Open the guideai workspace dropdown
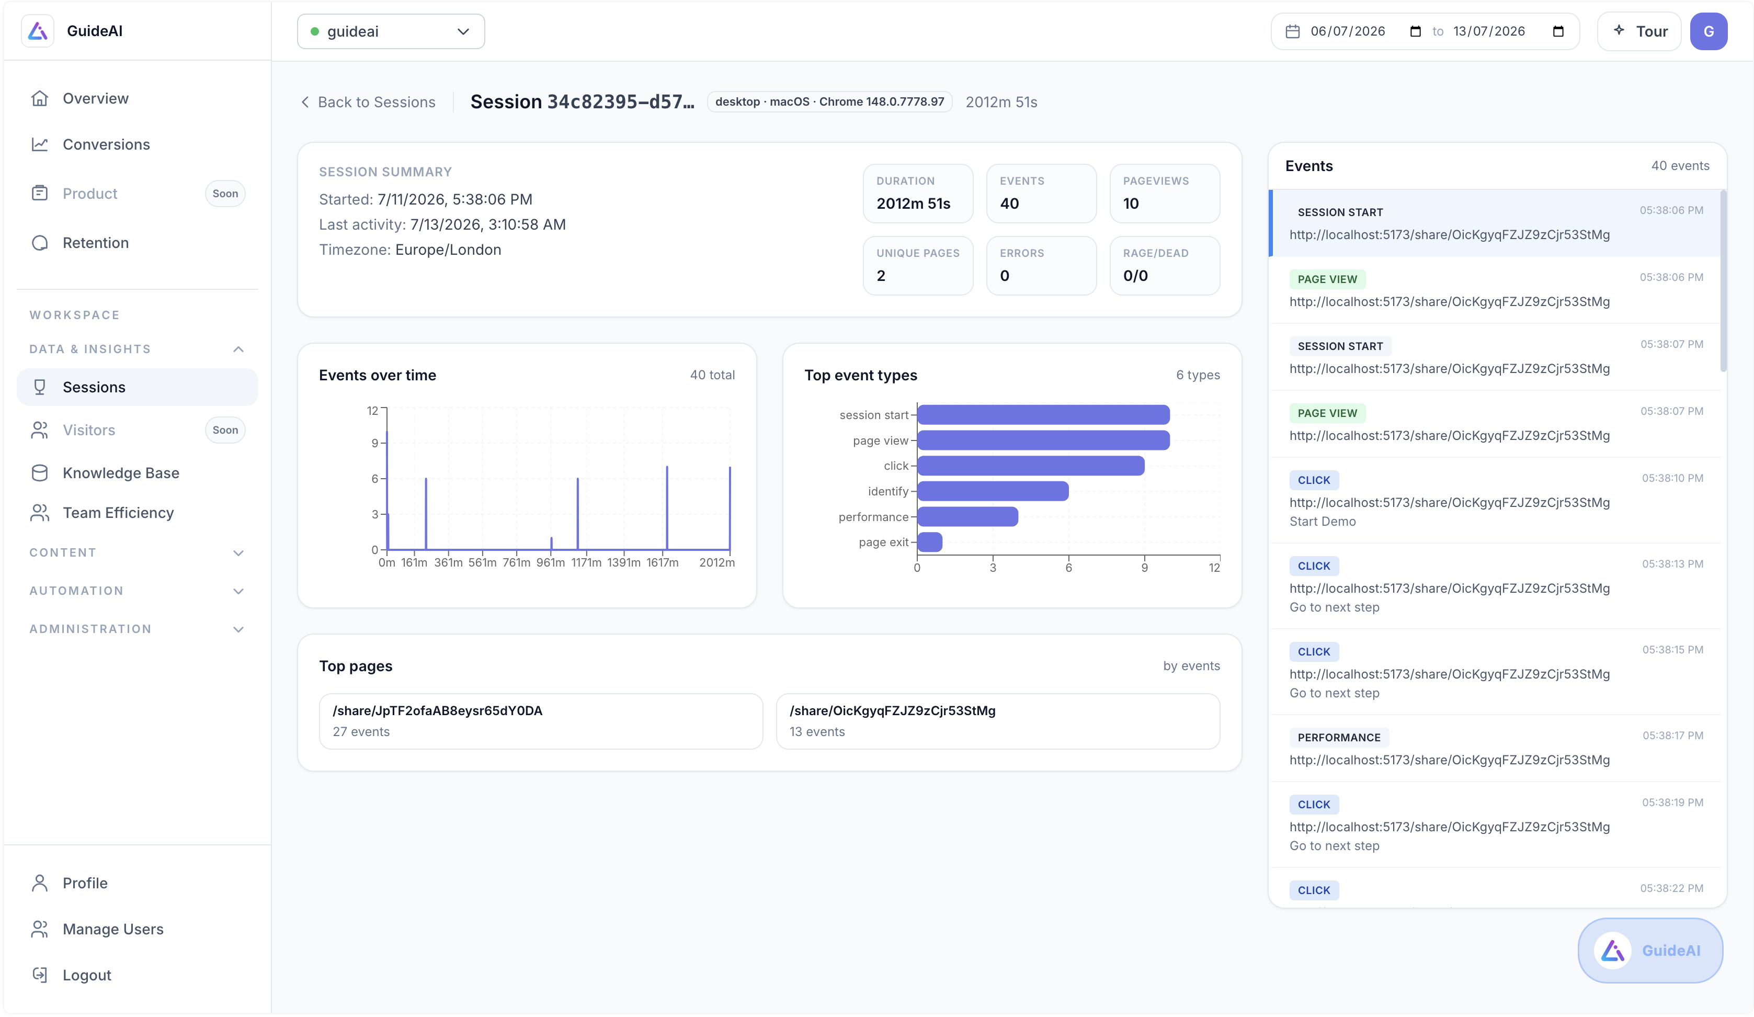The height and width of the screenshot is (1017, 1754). (x=391, y=31)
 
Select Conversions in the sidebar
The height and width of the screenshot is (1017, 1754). (x=106, y=144)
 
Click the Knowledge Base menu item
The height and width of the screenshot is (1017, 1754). (x=120, y=472)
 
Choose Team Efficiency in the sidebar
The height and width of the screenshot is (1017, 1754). (x=118, y=512)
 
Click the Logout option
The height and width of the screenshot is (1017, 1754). (x=86, y=975)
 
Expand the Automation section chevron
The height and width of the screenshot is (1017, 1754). (x=238, y=591)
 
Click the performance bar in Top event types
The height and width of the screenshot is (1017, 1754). (x=967, y=516)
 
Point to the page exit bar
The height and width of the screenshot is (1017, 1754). (x=930, y=541)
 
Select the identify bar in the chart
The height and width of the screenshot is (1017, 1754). (x=993, y=491)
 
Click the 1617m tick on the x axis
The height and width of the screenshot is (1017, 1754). (x=662, y=562)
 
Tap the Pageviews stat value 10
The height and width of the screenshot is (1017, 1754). (x=1131, y=204)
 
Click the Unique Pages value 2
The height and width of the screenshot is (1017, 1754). (x=881, y=276)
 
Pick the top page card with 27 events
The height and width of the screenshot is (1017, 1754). (x=541, y=721)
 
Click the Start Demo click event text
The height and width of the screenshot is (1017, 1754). (x=1323, y=522)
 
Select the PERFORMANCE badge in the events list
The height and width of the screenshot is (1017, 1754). (x=1338, y=737)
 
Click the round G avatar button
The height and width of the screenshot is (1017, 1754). (x=1708, y=31)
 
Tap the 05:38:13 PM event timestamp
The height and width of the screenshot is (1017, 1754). (x=1672, y=564)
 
